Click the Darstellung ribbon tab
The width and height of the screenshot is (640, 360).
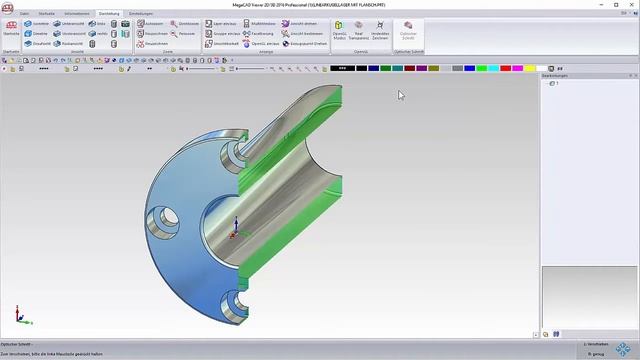108,13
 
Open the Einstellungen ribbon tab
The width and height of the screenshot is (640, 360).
141,13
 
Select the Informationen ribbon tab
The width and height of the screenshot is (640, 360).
76,13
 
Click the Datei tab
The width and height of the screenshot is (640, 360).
23,13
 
